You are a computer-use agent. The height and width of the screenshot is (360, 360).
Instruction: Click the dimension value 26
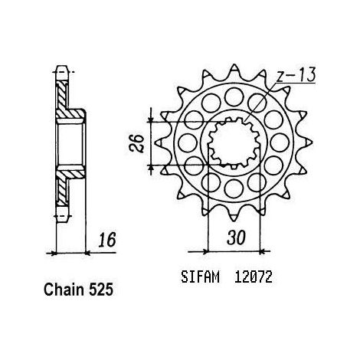tap(136, 143)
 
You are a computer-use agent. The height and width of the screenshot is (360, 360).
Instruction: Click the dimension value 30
tap(236, 237)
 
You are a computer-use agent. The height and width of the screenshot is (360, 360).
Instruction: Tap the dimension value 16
tap(107, 240)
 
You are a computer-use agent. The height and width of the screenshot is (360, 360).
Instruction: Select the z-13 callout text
tap(296, 75)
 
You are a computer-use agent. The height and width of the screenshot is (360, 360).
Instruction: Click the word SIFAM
tap(200, 277)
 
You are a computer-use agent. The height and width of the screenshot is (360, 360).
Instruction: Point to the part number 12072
tap(254, 277)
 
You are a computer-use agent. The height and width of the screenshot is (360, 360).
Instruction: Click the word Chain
tap(64, 290)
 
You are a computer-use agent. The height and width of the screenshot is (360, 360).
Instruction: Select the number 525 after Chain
tap(101, 290)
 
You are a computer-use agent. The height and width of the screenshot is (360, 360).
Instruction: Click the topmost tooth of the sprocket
tap(234, 70)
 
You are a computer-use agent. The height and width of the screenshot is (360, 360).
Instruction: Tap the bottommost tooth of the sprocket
tap(234, 216)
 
